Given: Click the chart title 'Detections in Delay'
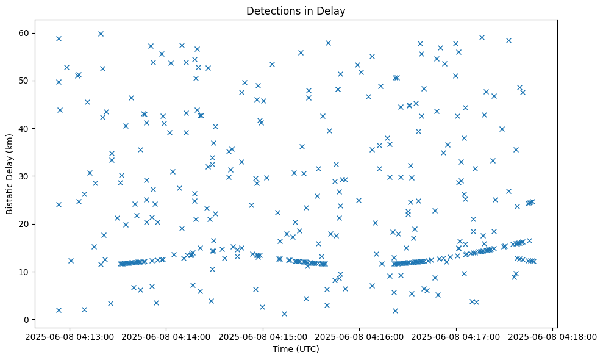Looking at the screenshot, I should [x=296, y=10].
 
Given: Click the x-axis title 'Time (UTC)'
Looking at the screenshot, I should [x=296, y=349].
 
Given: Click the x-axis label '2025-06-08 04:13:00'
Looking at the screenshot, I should [x=70, y=336].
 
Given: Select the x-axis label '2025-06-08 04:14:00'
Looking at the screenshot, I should [x=166, y=336].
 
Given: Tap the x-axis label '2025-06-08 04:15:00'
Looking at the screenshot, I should [x=263, y=336].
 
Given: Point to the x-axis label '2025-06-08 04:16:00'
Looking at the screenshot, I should [x=359, y=336].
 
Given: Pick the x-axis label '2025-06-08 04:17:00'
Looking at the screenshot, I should [x=455, y=336].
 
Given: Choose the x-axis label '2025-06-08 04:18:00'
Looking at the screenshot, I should [x=552, y=336].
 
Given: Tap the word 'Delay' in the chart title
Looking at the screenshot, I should [x=333, y=10].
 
